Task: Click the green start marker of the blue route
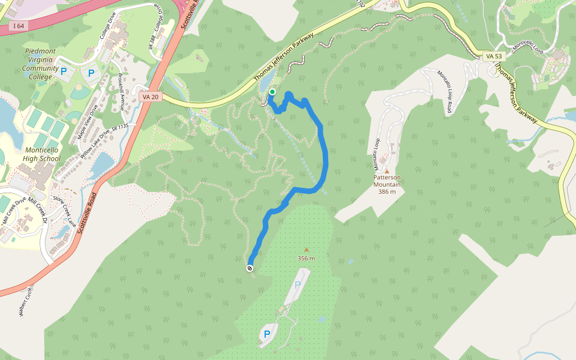click(272, 92)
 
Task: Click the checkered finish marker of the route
click(250, 268)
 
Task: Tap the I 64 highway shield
click(18, 26)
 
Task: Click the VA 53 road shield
click(494, 56)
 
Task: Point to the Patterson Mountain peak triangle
click(386, 171)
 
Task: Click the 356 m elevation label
click(306, 258)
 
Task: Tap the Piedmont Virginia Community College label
click(41, 64)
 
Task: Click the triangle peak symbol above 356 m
click(306, 250)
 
